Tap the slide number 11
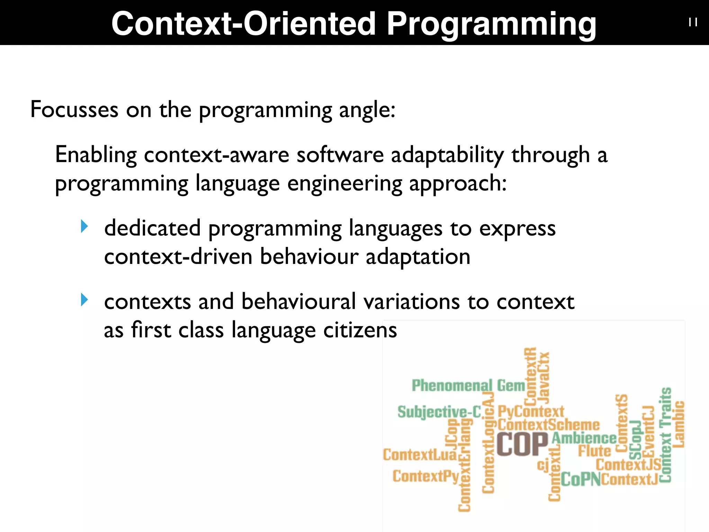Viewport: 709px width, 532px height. [693, 23]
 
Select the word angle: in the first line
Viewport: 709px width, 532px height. [367, 110]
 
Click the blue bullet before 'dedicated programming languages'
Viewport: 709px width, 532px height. [84, 227]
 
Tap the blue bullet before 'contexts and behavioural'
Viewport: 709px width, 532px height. [84, 300]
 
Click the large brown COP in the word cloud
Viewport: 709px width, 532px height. [522, 444]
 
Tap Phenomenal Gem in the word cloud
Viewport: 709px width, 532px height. [468, 385]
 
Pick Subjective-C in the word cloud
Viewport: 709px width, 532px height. [439, 412]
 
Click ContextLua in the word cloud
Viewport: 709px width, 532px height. [420, 455]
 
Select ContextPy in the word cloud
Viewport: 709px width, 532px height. [425, 476]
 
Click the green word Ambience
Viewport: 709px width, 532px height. [584, 438]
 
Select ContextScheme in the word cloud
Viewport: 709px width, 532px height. [548, 425]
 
